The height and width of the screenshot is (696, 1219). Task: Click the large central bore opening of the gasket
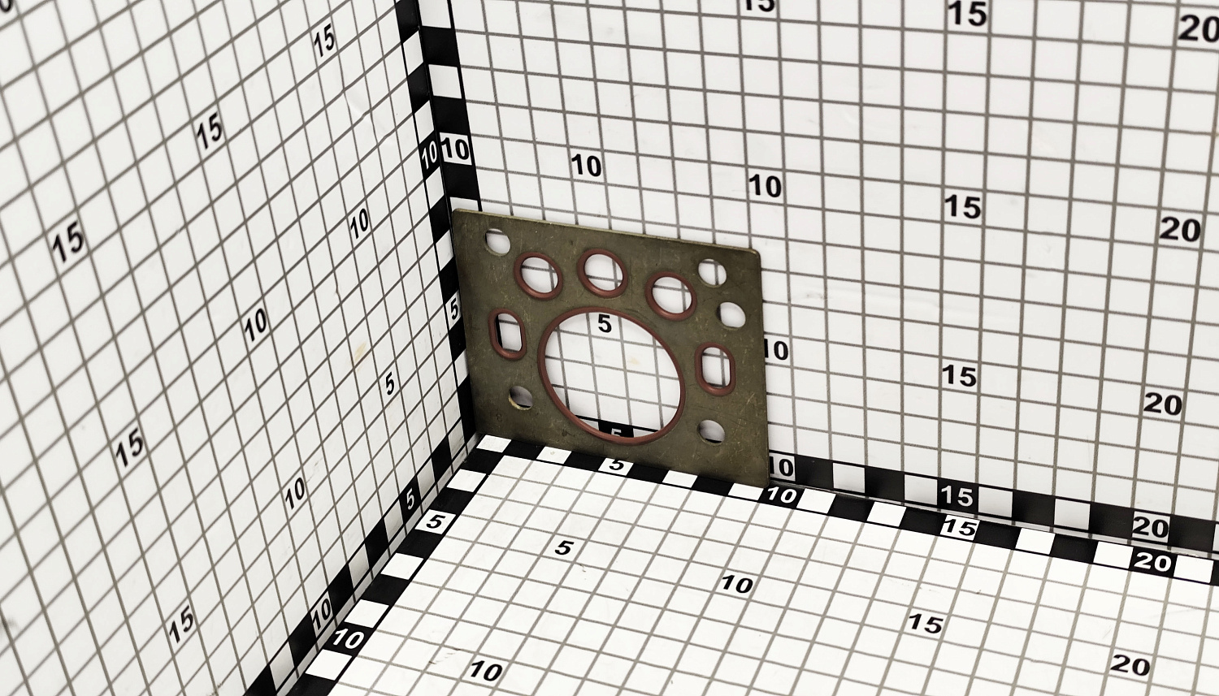tap(612, 376)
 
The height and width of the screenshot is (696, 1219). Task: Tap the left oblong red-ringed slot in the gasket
tap(506, 335)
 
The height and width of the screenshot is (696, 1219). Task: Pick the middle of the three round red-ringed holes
tap(602, 273)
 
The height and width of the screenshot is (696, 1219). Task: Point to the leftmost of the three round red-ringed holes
tap(538, 275)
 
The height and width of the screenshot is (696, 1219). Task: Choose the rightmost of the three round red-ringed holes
tap(671, 296)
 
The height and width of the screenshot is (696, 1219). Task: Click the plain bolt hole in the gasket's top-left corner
tap(497, 241)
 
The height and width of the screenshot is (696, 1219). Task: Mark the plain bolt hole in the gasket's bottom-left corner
tap(521, 397)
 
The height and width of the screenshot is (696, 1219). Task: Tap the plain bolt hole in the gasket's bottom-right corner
tap(712, 431)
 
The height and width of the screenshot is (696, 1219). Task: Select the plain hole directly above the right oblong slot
tap(732, 315)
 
